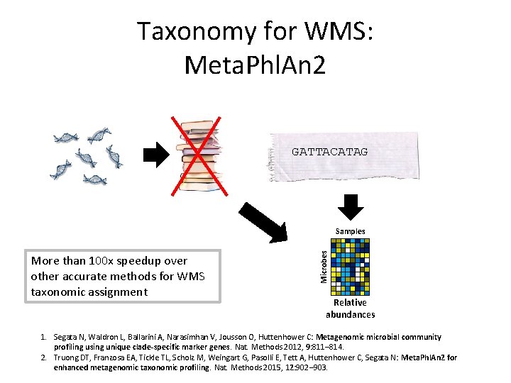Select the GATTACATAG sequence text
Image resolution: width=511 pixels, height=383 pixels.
pos(329,152)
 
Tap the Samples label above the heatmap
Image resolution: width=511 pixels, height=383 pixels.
pos(351,231)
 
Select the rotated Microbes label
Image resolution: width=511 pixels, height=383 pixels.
pos(324,266)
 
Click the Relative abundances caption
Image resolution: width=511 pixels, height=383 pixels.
pos(350,309)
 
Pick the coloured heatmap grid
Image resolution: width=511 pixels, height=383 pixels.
pos(351,266)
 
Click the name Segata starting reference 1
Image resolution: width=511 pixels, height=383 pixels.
pos(67,337)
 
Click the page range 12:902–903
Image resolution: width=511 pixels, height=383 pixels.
pos(307,367)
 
